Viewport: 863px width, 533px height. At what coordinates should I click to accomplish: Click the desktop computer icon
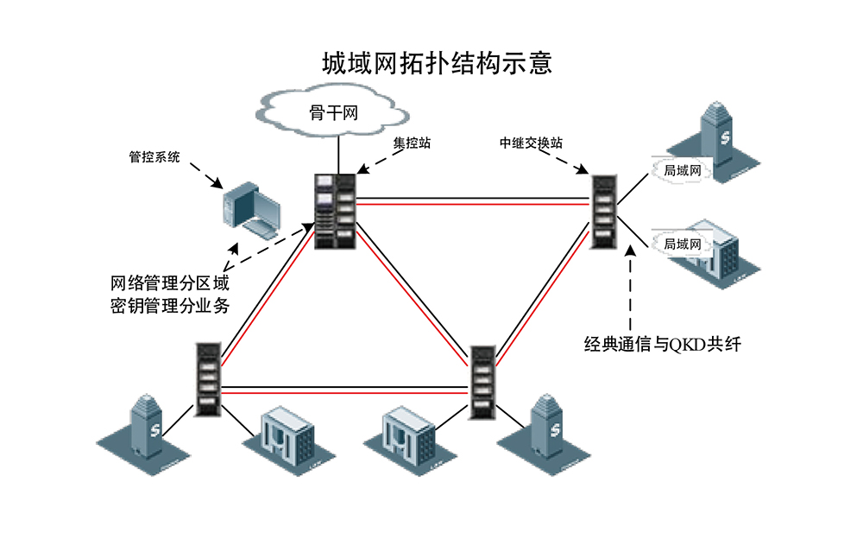point(249,207)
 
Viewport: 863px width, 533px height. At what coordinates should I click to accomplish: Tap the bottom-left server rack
point(207,380)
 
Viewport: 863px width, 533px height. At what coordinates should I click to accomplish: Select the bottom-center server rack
point(482,380)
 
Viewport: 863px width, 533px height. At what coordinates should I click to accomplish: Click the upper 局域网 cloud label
point(681,171)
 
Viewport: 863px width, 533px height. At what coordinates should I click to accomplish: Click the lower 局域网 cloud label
point(681,244)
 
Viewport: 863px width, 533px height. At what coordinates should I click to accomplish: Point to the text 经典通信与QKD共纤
point(662,345)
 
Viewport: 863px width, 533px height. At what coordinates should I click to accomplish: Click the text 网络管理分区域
point(170,283)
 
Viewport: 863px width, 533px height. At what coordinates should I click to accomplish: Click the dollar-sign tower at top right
point(721,143)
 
